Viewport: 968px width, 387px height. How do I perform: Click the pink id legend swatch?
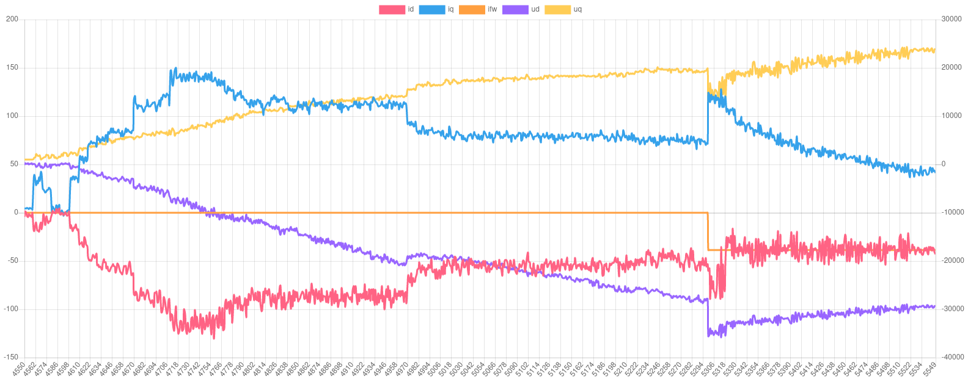tap(392, 9)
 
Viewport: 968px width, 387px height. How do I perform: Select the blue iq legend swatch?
tap(432, 9)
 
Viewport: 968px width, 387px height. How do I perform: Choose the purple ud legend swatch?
tap(515, 9)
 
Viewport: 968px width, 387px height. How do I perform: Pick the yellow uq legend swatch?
tap(557, 9)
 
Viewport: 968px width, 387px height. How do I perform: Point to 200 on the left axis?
tap(12, 19)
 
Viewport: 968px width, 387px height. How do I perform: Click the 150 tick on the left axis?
tap(12, 67)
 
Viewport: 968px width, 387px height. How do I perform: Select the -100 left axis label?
tap(11, 309)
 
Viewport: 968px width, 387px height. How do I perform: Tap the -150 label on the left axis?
tap(11, 357)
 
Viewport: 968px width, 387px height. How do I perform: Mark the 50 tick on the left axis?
tap(14, 164)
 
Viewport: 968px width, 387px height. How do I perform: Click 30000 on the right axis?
tap(952, 19)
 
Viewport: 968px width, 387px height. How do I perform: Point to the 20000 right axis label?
tap(952, 67)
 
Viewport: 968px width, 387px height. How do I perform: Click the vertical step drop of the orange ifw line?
tap(708, 231)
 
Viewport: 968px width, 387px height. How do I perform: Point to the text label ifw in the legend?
tap(492, 9)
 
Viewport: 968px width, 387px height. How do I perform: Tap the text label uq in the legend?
tap(577, 9)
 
